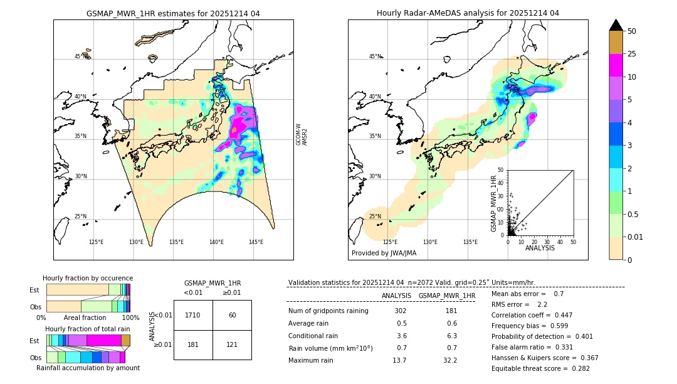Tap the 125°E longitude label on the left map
96,242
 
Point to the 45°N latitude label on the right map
375,56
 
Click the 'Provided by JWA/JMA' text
384,253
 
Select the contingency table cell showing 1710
193,315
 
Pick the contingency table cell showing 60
232,315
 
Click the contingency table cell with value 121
232,344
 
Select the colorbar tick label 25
632,54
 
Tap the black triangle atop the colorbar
616,25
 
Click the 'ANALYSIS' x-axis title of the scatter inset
540,248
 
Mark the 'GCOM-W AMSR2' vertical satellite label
302,134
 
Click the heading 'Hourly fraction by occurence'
88,278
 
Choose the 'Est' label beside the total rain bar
34,340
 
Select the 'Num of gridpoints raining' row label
328,311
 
